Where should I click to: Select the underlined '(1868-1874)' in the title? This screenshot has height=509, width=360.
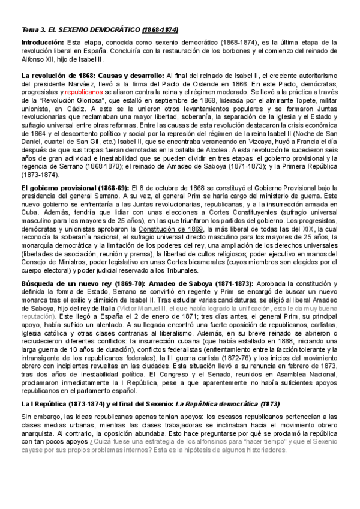coord(160,29)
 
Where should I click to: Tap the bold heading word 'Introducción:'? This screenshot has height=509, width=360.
coord(43,43)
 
